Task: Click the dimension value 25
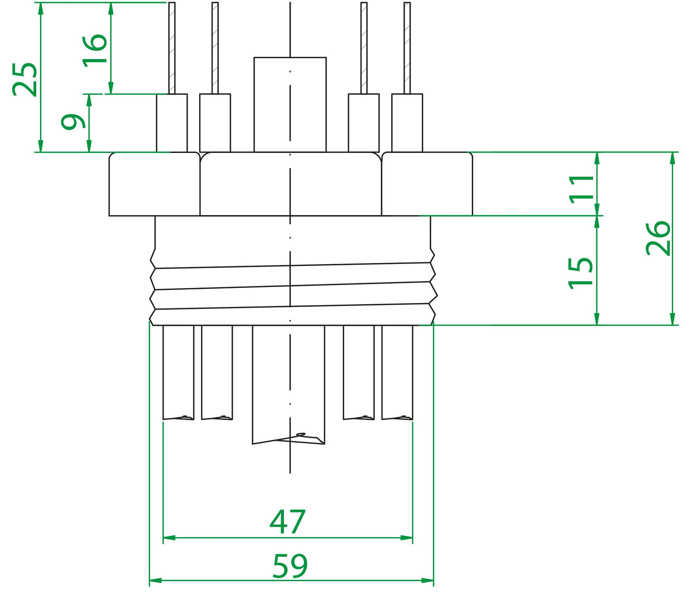pyautogui.click(x=25, y=79)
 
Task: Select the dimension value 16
pyautogui.click(x=95, y=50)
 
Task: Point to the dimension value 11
pyautogui.click(x=582, y=189)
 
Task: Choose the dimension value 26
pyautogui.click(x=658, y=238)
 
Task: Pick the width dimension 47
pyautogui.click(x=287, y=521)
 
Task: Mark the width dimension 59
pyautogui.click(x=290, y=566)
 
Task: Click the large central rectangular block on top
pyautogui.click(x=290, y=104)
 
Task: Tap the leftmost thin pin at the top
pyautogui.click(x=172, y=47)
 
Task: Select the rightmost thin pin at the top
pyautogui.click(x=407, y=47)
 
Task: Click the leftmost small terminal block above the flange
pyautogui.click(x=172, y=123)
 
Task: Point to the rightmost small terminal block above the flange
pyautogui.click(x=407, y=123)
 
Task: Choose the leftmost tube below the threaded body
pyautogui.click(x=178, y=372)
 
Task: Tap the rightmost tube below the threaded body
pyautogui.click(x=397, y=372)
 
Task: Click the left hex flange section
pyautogui.click(x=154, y=184)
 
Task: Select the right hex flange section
pyautogui.click(x=427, y=184)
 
